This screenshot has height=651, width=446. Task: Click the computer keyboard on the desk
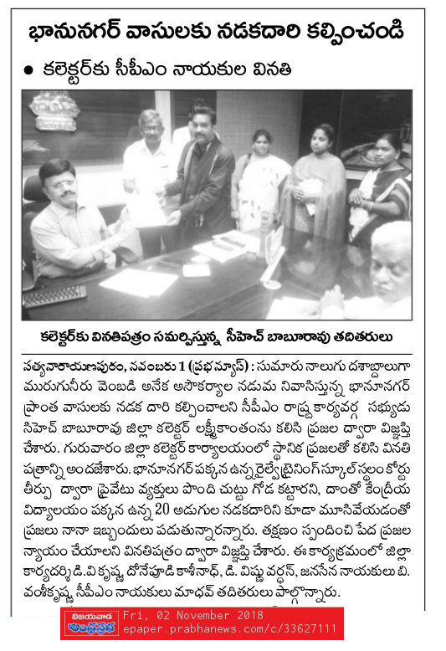click(54, 295)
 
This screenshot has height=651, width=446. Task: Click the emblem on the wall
click(54, 111)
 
